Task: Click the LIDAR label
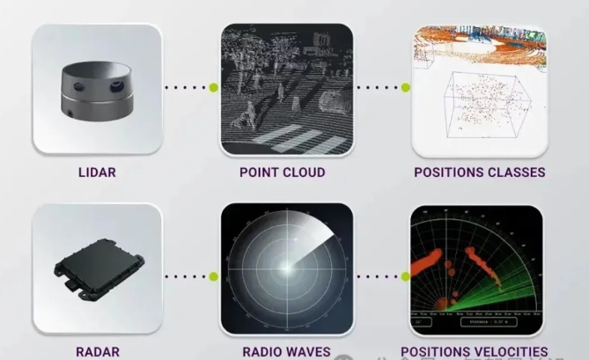(97, 173)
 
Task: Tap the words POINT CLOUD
(282, 173)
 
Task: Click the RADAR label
(97, 351)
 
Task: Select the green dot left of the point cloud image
(213, 88)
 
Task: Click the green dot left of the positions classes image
(406, 88)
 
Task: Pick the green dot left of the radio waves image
(213, 276)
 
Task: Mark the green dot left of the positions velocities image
(406, 276)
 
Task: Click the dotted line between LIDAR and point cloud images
(188, 88)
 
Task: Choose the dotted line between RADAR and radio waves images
(188, 276)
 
